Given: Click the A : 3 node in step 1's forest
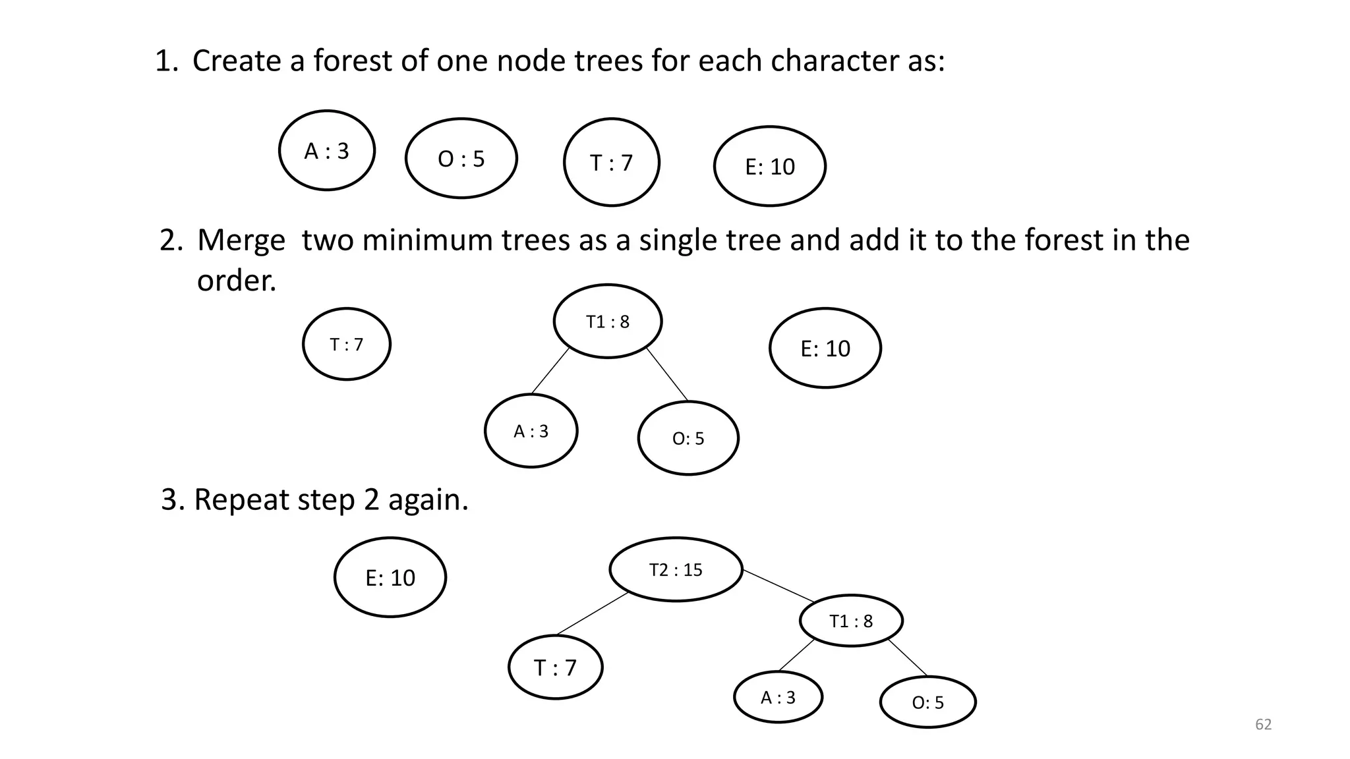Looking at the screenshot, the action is (x=327, y=151).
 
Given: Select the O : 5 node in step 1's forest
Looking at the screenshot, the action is (x=461, y=159).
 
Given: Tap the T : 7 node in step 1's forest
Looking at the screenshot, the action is (x=612, y=162).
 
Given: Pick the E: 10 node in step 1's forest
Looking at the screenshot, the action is (x=770, y=167).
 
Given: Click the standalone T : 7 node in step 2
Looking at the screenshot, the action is (x=347, y=344).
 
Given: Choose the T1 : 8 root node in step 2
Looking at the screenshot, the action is (x=608, y=322).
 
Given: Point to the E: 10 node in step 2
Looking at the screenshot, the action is (x=825, y=348).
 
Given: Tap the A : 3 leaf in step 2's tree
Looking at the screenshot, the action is (x=531, y=431).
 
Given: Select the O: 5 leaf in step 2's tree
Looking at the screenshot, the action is (x=688, y=438).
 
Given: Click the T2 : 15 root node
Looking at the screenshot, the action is (x=676, y=569).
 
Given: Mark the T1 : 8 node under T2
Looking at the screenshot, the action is (x=851, y=621).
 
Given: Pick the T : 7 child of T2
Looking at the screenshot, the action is (x=556, y=667).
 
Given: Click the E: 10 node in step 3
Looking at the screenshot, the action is (x=390, y=578).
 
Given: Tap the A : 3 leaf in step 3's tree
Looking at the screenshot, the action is (x=778, y=697).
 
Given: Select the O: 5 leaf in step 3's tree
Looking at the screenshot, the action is (x=928, y=702).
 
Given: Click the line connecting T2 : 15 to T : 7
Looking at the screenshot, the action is (x=592, y=614).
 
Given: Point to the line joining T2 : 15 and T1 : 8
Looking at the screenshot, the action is (x=778, y=585).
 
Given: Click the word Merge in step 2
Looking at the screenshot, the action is (x=241, y=240).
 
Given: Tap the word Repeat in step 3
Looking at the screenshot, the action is (x=241, y=500).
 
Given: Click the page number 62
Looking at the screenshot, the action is (x=1263, y=725).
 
